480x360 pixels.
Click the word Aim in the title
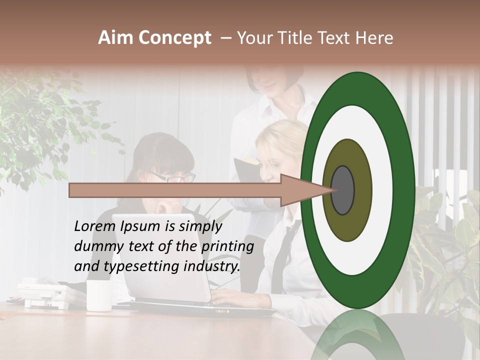[x=116, y=38]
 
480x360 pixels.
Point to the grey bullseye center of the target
[x=343, y=190]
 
